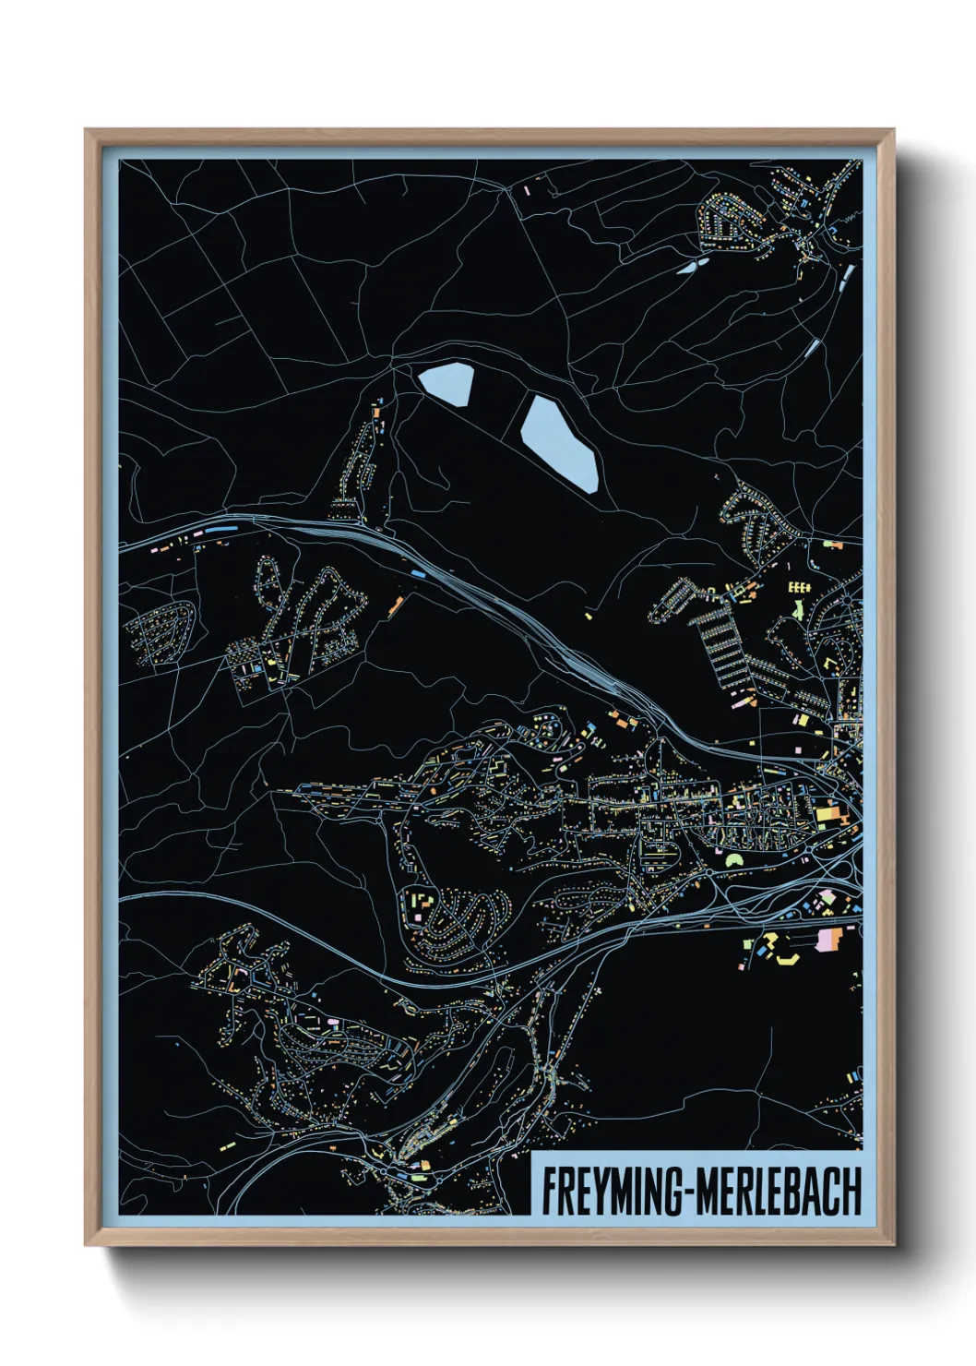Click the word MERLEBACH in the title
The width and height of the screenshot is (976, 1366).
778,1192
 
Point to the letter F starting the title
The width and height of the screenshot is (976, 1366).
548,1192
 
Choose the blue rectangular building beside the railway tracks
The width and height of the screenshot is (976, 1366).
417,573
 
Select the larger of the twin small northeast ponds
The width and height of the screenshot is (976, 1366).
689,268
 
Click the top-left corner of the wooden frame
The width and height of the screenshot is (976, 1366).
87,131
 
